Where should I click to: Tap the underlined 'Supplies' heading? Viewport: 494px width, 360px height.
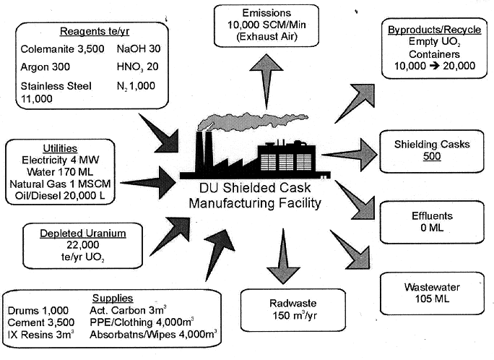click(112, 298)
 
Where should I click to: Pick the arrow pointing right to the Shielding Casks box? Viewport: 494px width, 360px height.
click(350, 155)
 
